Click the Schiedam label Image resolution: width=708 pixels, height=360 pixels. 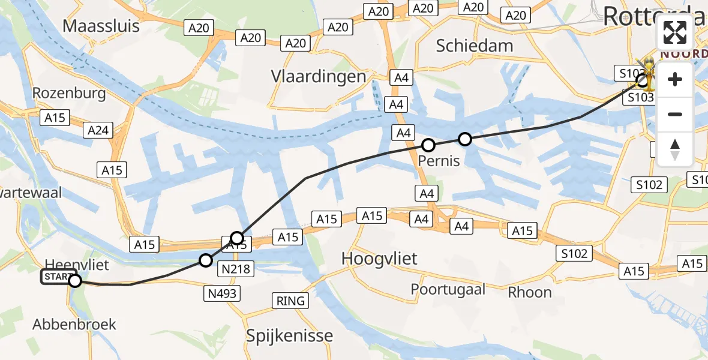475,46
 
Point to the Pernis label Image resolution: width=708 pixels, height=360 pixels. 439,161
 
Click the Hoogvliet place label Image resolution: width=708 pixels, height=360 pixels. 379,259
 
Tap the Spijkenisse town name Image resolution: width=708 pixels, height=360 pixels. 289,335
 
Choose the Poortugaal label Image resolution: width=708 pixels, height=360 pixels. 448,289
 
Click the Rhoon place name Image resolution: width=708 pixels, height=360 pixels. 530,292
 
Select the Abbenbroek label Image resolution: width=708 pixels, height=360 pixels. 74,325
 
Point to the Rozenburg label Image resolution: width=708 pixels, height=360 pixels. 69,93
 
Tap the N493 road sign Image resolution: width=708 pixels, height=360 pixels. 223,293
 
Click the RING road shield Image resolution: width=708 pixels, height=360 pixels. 291,301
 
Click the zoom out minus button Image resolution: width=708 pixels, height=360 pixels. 675,114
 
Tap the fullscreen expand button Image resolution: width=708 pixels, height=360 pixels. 675,32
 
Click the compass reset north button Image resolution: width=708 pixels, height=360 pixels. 675,149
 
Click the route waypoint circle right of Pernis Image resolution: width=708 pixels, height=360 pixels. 465,140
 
